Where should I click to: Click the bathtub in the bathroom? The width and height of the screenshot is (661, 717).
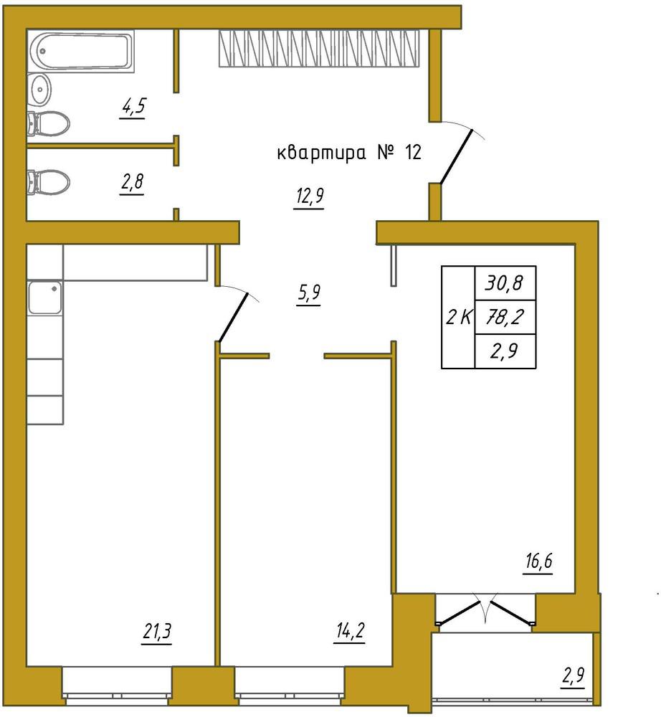(80, 50)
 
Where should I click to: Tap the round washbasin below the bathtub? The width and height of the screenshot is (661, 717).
(39, 89)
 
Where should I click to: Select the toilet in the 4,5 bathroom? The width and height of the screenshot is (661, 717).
(48, 123)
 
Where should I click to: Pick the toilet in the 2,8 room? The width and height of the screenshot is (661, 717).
(48, 182)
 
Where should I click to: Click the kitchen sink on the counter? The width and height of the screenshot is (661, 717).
(44, 298)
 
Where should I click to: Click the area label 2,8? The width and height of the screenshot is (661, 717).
(132, 182)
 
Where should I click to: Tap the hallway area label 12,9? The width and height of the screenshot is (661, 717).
(310, 197)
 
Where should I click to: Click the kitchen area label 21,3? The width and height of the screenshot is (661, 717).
(157, 632)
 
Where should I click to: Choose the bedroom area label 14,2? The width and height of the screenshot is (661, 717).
(350, 632)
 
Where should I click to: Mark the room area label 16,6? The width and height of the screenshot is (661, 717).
(538, 561)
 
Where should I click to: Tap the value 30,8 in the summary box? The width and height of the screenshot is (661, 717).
(504, 283)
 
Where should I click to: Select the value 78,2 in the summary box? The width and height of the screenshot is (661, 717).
(504, 317)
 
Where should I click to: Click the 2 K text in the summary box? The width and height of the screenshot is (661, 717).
(459, 317)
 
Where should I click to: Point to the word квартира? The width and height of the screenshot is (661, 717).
(322, 153)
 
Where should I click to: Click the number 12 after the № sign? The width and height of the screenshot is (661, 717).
(413, 153)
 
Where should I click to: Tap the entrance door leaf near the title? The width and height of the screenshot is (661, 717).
(456, 156)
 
